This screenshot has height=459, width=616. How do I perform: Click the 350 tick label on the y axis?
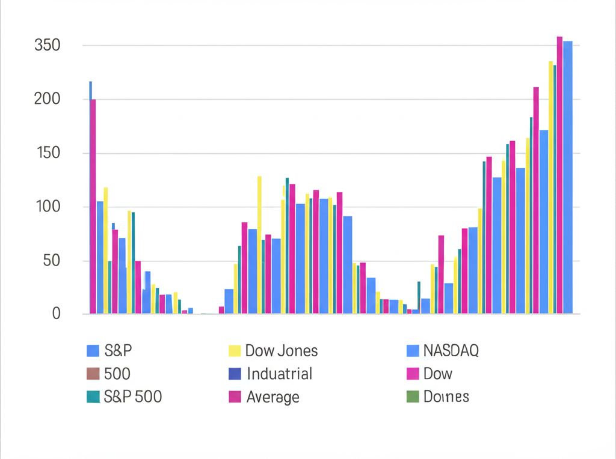click(x=48, y=46)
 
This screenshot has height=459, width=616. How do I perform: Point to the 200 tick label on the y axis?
click(x=48, y=99)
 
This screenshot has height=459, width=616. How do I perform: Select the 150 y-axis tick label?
click(x=48, y=153)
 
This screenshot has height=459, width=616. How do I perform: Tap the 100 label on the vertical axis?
click(x=48, y=207)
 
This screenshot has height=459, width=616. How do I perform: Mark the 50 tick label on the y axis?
click(x=51, y=261)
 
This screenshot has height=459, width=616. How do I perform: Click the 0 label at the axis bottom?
click(x=56, y=314)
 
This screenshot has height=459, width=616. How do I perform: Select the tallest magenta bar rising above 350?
click(x=559, y=174)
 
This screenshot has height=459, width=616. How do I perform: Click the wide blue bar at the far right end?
click(x=567, y=177)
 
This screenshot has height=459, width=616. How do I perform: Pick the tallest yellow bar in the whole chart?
click(x=550, y=187)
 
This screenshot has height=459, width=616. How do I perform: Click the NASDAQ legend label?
click(x=451, y=351)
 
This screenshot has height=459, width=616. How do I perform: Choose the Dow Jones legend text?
click(x=282, y=351)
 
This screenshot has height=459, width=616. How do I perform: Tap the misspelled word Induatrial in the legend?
click(x=279, y=374)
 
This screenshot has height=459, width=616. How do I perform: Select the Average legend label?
click(x=273, y=397)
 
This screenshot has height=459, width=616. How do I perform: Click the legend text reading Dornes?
click(x=446, y=397)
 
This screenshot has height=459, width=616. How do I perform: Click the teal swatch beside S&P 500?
click(x=93, y=397)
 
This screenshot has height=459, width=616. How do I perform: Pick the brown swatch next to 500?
click(x=93, y=374)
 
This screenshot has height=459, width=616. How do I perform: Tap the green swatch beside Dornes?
click(x=412, y=397)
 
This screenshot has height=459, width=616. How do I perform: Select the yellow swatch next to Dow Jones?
click(x=235, y=351)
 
